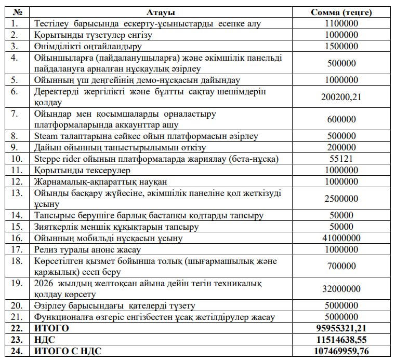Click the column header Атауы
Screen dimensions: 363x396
tap(161, 12)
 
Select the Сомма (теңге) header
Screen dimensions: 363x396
tap(341, 12)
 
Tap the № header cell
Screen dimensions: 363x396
tap(17, 12)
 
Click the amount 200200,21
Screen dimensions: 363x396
tap(341, 97)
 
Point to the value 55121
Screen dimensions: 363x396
tap(341, 159)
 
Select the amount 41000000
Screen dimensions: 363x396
tap(341, 238)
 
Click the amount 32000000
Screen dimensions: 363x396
tap(341, 289)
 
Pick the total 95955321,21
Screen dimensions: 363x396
tap(341, 329)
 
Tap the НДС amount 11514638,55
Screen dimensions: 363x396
tap(341, 340)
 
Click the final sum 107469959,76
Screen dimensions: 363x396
tap(341, 352)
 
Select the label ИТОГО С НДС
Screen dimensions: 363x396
tap(68, 352)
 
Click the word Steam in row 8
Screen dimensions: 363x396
tap(45, 136)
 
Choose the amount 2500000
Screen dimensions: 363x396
tap(341, 199)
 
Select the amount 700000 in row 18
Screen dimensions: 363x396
tap(341, 266)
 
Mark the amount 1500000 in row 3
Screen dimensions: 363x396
tap(341, 46)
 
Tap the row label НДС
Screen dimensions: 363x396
tap(45, 340)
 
